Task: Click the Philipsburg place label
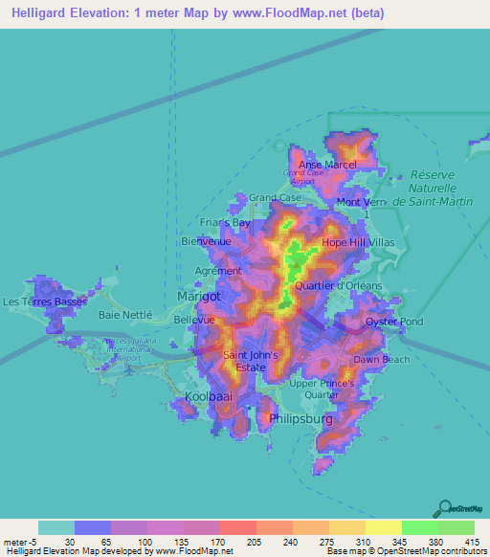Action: click(x=301, y=418)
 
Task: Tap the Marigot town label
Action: click(x=199, y=297)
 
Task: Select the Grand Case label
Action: click(x=274, y=198)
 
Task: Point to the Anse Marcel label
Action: click(x=327, y=165)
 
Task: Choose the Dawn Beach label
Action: click(x=381, y=359)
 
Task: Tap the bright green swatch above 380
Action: click(x=419, y=527)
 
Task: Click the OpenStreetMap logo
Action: click(x=457, y=508)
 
